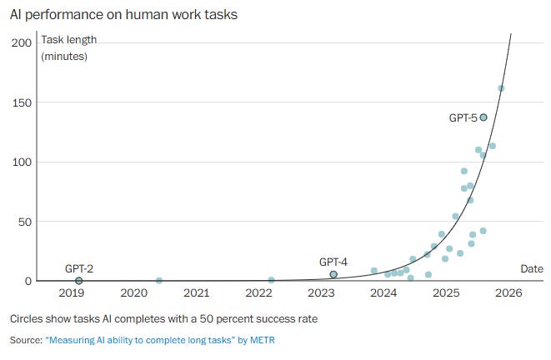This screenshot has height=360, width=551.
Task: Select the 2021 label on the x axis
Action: [x=196, y=293]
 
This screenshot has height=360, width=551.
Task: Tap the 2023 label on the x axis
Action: [x=321, y=293]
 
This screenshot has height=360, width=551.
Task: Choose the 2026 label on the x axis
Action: [x=508, y=293]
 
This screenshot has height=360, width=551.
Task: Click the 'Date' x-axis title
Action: [x=531, y=268]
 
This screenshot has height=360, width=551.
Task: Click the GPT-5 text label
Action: [x=463, y=118]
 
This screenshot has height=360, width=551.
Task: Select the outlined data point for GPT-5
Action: [x=483, y=117]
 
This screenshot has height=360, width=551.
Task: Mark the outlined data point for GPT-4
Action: [x=333, y=274]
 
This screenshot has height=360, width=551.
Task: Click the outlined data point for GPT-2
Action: [x=79, y=281]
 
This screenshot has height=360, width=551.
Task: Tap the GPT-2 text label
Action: [x=79, y=268]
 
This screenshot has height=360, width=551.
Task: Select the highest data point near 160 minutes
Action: [x=501, y=88]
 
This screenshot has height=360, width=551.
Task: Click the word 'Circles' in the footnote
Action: [x=27, y=318]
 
